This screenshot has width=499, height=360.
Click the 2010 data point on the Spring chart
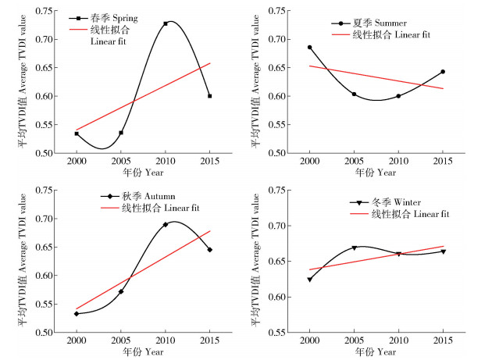(x=166, y=23)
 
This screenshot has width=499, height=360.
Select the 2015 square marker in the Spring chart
(x=210, y=96)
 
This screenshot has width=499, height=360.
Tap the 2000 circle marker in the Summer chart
(x=309, y=47)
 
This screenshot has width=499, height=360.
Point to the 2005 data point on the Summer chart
(x=354, y=94)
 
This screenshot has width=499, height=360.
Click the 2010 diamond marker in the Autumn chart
(x=166, y=224)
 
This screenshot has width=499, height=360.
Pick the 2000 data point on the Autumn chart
(x=76, y=314)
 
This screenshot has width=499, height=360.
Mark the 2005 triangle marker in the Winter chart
(x=354, y=248)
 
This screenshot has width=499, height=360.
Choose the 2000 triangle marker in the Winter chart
(x=309, y=280)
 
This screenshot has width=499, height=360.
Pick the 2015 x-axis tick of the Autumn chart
(x=210, y=342)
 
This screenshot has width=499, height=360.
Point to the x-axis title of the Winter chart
(x=376, y=353)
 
